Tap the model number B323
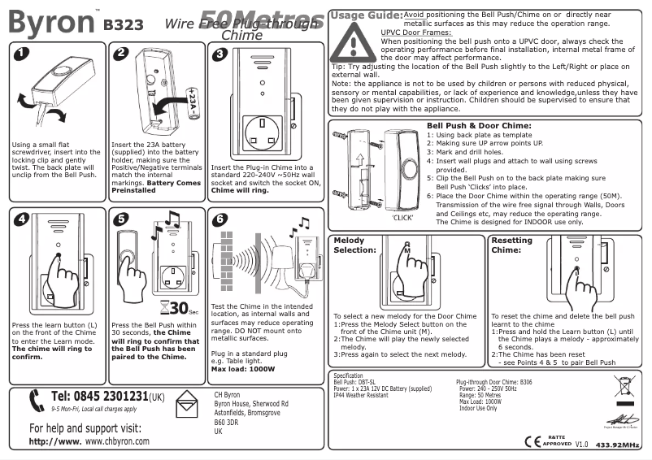(x=123, y=24)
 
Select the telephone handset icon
(x=35, y=401)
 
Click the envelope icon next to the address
(x=188, y=405)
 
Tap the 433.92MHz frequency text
(x=619, y=445)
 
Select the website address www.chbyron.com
(x=117, y=441)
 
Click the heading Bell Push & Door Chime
(x=479, y=126)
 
